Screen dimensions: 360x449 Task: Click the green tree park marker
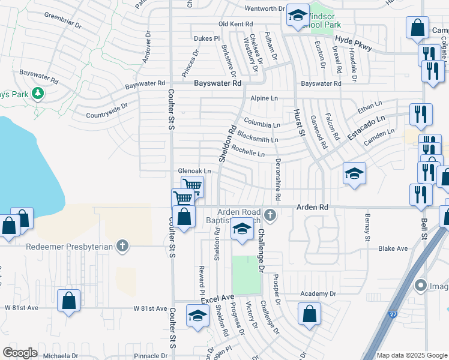tap(38, 93)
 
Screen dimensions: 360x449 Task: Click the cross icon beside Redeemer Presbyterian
tap(122, 245)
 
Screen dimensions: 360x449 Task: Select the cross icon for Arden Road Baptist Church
tap(270, 214)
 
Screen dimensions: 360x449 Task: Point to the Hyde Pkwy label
tap(354, 43)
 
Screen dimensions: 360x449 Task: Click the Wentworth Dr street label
tap(264, 8)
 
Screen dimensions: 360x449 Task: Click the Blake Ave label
tap(393, 248)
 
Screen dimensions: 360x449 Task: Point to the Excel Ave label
tap(217, 298)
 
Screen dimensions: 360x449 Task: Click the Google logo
tap(20, 353)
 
